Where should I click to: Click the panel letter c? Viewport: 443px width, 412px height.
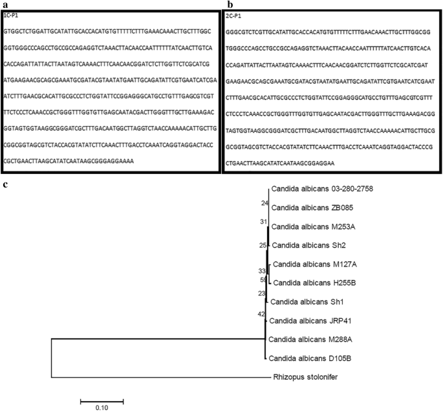tap(5, 186)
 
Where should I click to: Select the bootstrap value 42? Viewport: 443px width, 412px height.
tap(261, 314)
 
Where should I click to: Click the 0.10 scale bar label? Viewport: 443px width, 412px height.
tap(102, 408)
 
